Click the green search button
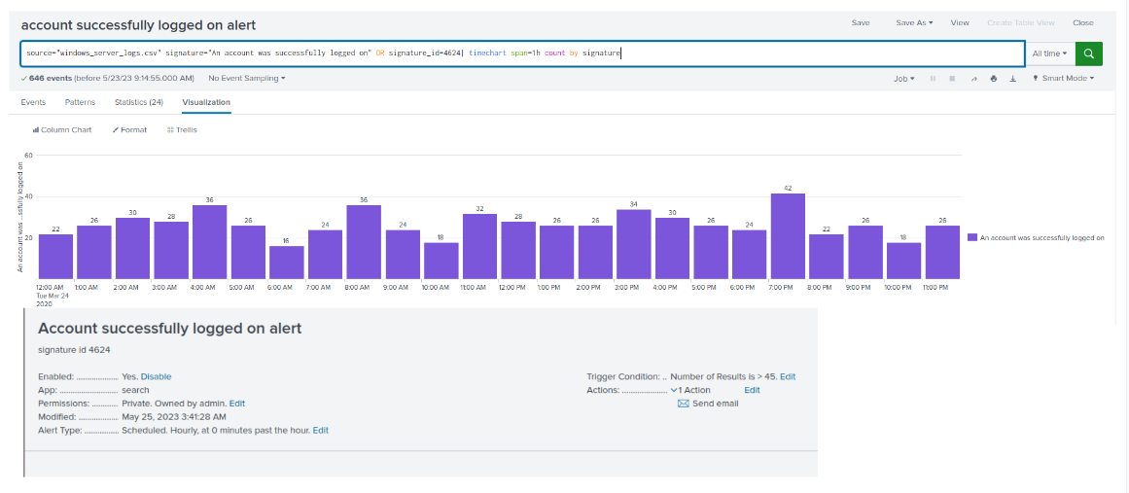pyautogui.click(x=1089, y=54)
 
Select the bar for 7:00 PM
pyautogui.click(x=788, y=236)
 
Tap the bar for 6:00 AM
pyautogui.click(x=287, y=263)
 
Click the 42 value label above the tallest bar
pyautogui.click(x=788, y=189)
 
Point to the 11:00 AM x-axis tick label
pyautogui.click(x=473, y=287)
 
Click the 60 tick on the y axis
pyautogui.click(x=29, y=156)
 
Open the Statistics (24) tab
pyautogui.click(x=139, y=102)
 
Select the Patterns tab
pyautogui.click(x=80, y=102)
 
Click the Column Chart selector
pyautogui.click(x=62, y=130)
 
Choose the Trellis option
pyautogui.click(x=182, y=130)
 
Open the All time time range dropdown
pyautogui.click(x=1050, y=54)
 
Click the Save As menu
pyautogui.click(x=914, y=23)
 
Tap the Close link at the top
pyautogui.click(x=1083, y=23)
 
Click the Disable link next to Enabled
pyautogui.click(x=157, y=376)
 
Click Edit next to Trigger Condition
pyautogui.click(x=788, y=376)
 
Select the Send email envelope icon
pyautogui.click(x=684, y=404)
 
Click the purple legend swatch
pyautogui.click(x=972, y=237)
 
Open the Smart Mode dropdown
pyautogui.click(x=1064, y=79)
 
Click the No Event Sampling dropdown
pyautogui.click(x=247, y=79)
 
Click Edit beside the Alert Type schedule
pyautogui.click(x=320, y=431)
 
